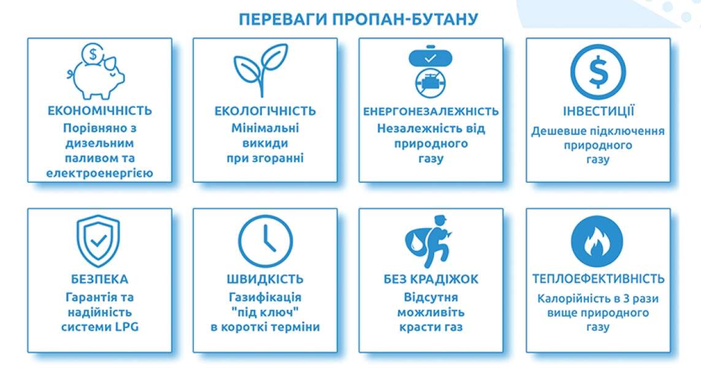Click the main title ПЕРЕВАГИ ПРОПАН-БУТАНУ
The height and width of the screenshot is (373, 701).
point(358,20)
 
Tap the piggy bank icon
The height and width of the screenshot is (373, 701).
point(96,77)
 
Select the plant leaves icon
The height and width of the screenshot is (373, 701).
point(261,70)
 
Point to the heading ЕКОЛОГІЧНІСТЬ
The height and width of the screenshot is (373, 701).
point(265,111)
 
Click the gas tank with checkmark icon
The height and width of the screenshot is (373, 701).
point(431,57)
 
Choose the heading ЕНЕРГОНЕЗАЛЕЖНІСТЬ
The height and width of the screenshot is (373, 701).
point(431,112)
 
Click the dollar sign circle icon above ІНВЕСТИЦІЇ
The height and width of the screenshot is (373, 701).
point(598,72)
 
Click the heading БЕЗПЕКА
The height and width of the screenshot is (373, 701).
point(100,280)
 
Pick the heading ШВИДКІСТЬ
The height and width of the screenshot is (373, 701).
point(265,280)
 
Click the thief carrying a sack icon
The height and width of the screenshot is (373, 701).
point(429,242)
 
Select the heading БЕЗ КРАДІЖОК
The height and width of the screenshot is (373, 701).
point(431,279)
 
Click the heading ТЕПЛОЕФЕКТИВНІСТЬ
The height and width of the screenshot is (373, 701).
point(598,279)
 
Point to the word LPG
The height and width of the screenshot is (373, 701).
point(127,327)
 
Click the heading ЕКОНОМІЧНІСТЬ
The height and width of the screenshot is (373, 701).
point(100,110)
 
